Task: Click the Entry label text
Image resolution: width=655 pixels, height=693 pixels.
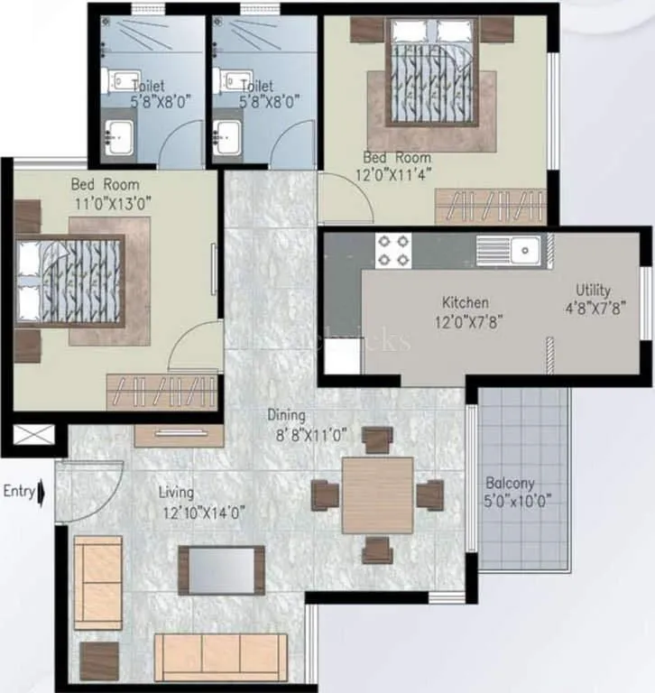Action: click(x=19, y=492)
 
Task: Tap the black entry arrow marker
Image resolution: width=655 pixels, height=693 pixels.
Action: click(x=43, y=493)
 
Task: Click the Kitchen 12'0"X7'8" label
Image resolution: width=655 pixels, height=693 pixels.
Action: click(x=466, y=311)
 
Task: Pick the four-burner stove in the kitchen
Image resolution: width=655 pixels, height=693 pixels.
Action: click(x=392, y=250)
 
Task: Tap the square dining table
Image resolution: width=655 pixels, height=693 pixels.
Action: click(x=378, y=494)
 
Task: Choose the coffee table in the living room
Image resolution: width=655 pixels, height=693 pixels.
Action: click(x=221, y=569)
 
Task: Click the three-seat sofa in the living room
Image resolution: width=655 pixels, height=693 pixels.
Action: click(x=220, y=656)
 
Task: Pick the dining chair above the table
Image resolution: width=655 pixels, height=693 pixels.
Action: click(x=377, y=439)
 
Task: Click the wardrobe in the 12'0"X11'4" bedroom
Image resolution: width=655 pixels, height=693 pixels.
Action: click(x=491, y=207)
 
